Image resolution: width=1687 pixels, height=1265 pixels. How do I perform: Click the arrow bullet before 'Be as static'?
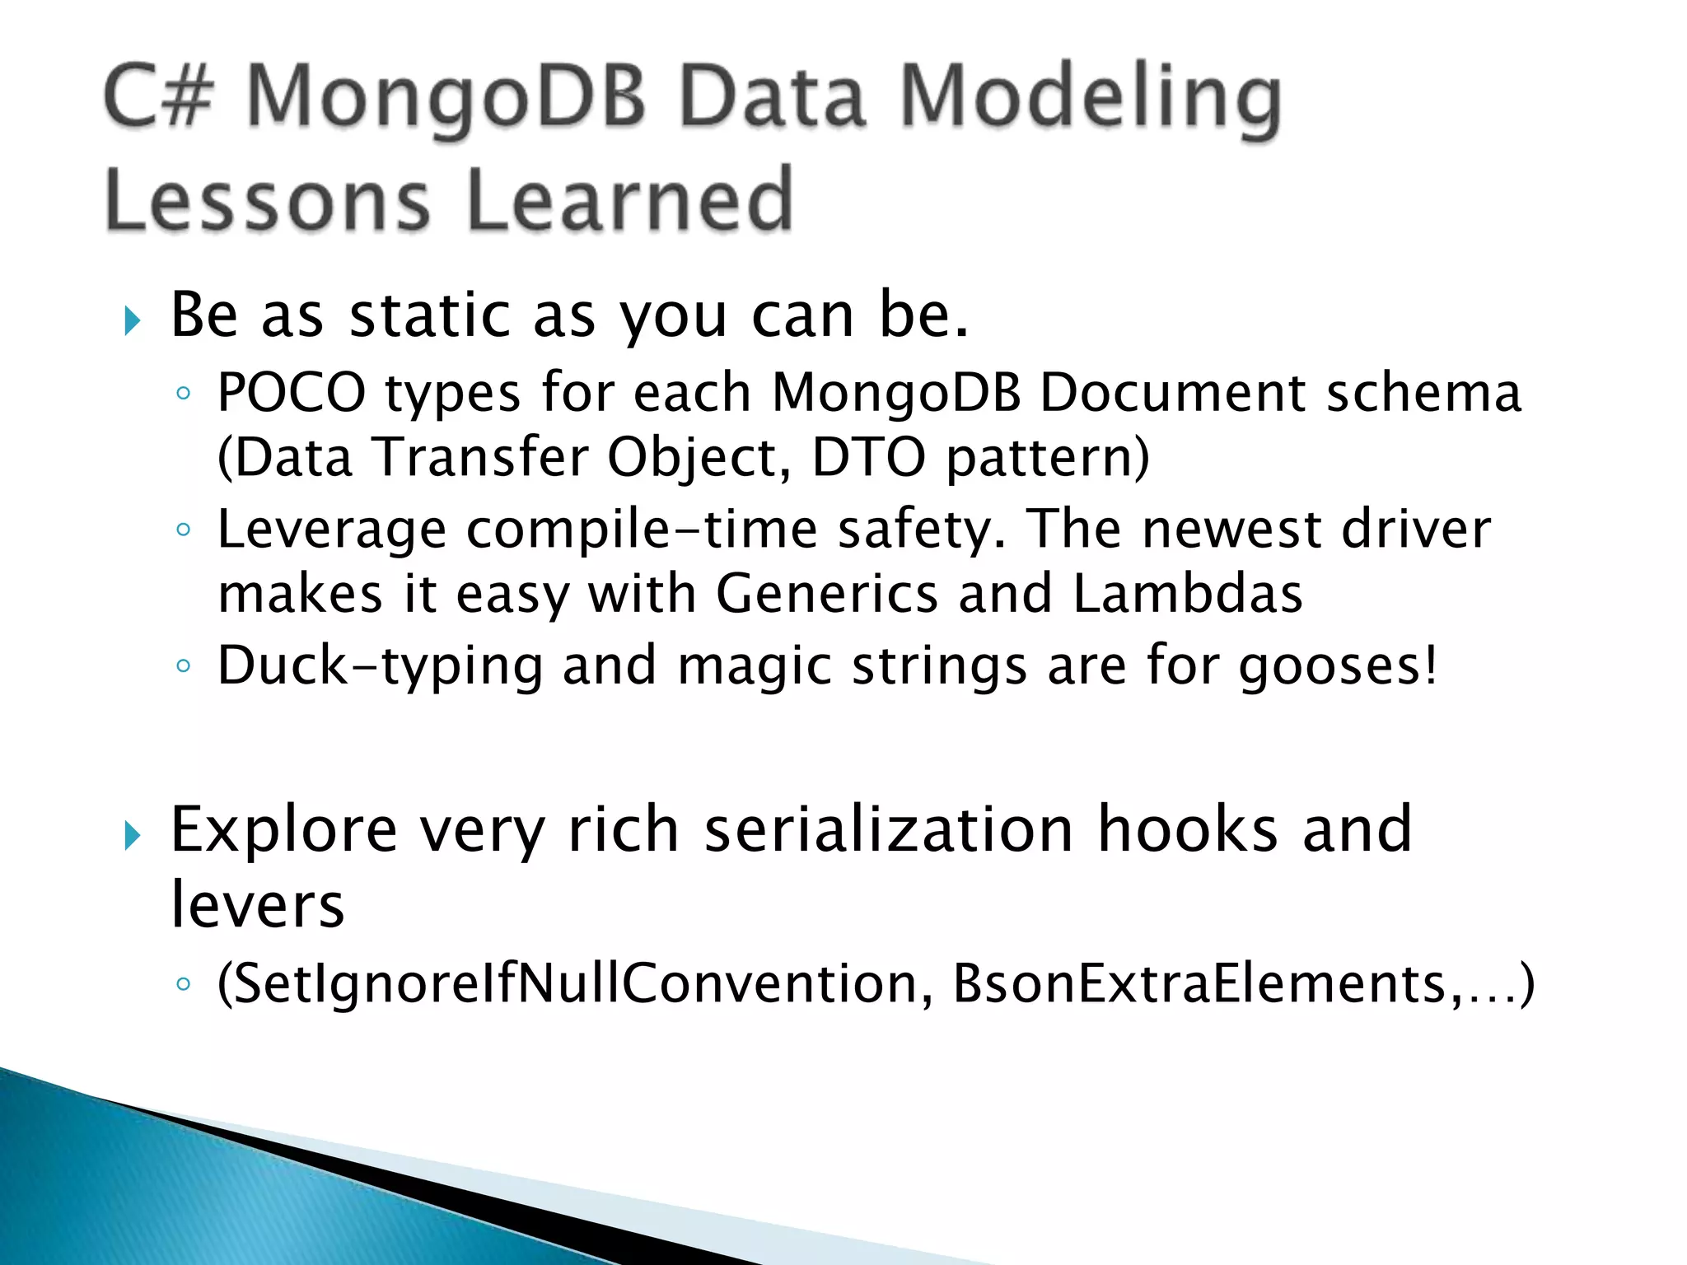132,320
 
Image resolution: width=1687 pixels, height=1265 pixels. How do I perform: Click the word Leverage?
331,530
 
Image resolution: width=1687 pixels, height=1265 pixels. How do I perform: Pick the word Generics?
826,594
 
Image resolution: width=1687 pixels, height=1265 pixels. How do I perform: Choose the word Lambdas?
1187,594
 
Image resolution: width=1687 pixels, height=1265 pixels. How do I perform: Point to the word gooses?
1339,665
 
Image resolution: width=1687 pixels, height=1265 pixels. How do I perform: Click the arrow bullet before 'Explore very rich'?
132,835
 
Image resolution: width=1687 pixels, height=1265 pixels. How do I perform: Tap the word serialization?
889,829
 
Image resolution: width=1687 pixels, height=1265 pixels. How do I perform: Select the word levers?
257,904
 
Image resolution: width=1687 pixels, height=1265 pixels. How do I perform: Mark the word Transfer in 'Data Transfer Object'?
479,457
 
